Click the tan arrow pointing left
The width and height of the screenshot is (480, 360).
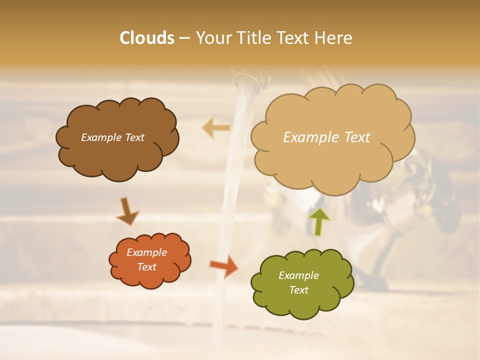point(216,128)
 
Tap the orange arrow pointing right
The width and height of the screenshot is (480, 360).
point(224,265)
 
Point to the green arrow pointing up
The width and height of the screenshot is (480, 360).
point(318,222)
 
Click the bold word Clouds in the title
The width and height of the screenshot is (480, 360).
point(147,38)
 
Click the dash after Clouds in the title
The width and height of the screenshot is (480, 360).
point(184,38)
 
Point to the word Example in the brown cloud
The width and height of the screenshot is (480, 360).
point(101,137)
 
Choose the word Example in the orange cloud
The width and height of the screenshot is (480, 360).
point(146,252)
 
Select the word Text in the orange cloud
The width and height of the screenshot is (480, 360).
point(146,267)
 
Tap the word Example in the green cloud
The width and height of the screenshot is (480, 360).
point(298,275)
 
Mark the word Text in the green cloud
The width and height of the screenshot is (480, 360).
point(298,290)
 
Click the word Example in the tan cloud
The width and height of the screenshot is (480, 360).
point(310,137)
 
